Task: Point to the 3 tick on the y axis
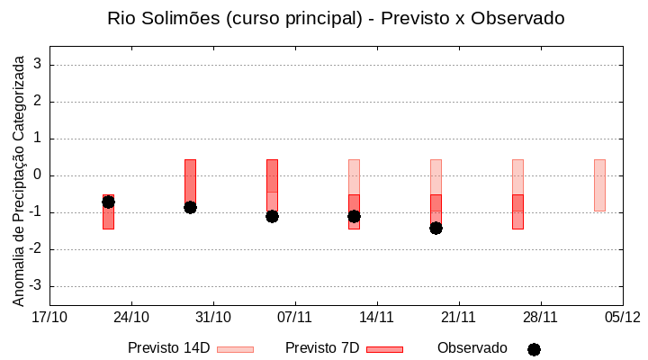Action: point(38,65)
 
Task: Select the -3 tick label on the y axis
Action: point(35,286)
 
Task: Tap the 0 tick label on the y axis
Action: point(38,175)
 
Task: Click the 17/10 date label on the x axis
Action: point(49,317)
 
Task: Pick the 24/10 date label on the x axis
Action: point(131,317)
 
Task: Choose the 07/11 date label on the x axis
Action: point(295,317)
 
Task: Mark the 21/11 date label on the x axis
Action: point(458,317)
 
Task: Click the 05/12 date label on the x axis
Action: point(622,317)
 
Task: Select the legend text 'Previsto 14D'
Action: point(168,348)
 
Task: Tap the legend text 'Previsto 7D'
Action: point(322,348)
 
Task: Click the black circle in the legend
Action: point(534,349)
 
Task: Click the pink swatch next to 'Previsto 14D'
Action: point(235,349)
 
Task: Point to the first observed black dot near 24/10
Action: point(108,202)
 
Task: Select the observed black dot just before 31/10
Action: point(190,207)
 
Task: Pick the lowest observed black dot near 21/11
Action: point(436,228)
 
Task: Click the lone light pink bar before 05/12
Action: point(599,184)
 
